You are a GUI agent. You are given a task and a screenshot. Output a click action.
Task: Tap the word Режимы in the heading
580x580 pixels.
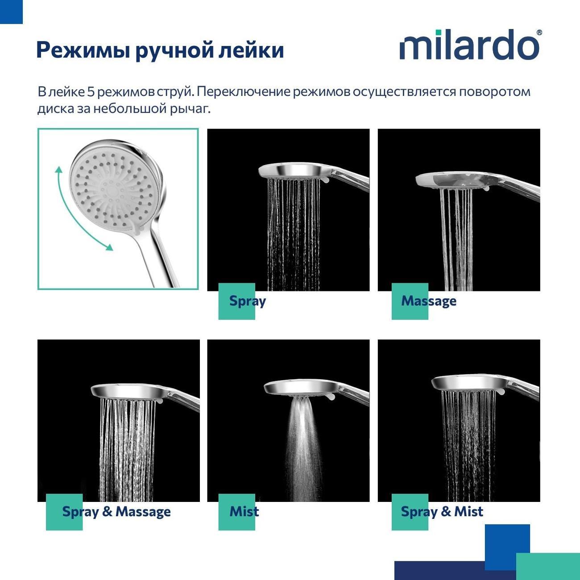[83, 50]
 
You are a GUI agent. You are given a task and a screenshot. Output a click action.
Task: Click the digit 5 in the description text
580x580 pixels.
[91, 92]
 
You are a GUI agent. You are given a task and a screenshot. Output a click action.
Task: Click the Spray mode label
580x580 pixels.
[248, 301]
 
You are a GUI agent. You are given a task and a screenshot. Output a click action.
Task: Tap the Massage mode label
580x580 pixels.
[429, 301]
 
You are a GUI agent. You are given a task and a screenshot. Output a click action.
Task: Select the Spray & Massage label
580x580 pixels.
[116, 512]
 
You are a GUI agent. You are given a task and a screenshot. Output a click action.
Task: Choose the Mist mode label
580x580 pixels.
[244, 511]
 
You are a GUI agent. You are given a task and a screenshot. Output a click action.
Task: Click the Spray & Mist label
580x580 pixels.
[442, 512]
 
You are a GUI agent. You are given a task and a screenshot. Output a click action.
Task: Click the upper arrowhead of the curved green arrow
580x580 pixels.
[59, 170]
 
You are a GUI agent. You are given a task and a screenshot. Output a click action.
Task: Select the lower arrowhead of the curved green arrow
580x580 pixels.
[109, 247]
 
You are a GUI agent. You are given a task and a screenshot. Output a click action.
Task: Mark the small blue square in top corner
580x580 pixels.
[11, 12]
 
